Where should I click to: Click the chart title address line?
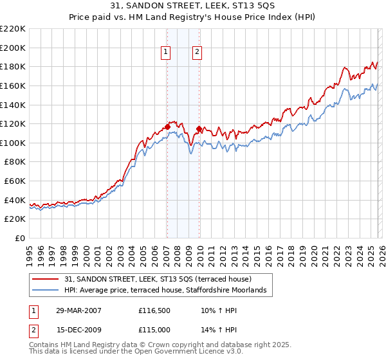pos(193,6)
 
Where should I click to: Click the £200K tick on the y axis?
pos(14,48)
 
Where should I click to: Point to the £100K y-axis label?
pos(14,143)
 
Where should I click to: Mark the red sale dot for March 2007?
pos(167,127)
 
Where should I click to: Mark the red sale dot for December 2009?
pos(199,129)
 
